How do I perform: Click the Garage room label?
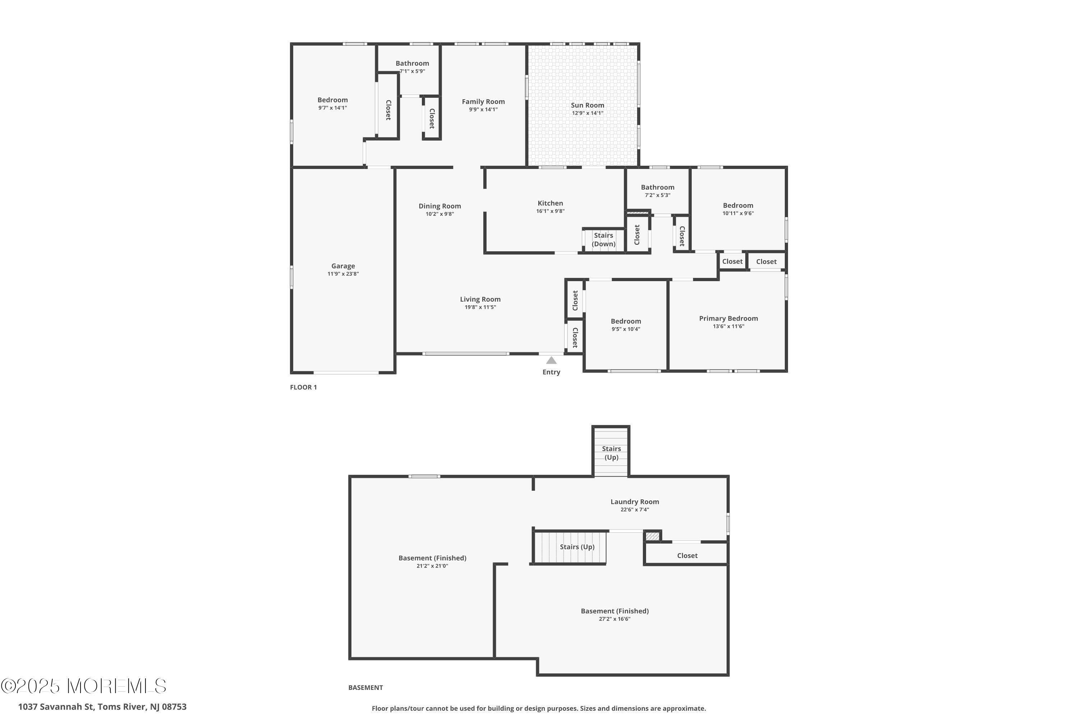click(x=343, y=266)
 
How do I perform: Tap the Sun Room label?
click(x=587, y=105)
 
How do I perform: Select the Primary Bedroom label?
click(x=728, y=318)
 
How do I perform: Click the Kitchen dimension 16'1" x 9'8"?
click(x=550, y=211)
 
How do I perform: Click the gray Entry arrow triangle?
click(x=551, y=361)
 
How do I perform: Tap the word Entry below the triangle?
click(x=551, y=372)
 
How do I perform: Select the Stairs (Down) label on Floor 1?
click(x=603, y=239)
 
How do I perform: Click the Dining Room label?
click(x=439, y=206)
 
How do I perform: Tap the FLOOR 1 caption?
click(x=303, y=387)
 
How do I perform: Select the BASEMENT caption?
click(x=365, y=687)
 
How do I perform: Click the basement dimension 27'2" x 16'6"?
click(x=614, y=619)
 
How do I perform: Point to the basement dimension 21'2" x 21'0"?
click(x=432, y=566)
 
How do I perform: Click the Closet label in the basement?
click(x=687, y=555)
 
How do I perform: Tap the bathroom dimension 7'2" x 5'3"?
click(x=657, y=195)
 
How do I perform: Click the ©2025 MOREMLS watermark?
click(x=83, y=686)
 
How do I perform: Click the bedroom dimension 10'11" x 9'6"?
click(x=738, y=213)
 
